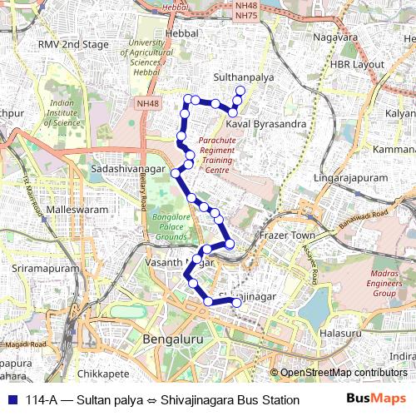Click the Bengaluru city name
click(174, 340)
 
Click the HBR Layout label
click(357, 65)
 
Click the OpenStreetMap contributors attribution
click(343, 373)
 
